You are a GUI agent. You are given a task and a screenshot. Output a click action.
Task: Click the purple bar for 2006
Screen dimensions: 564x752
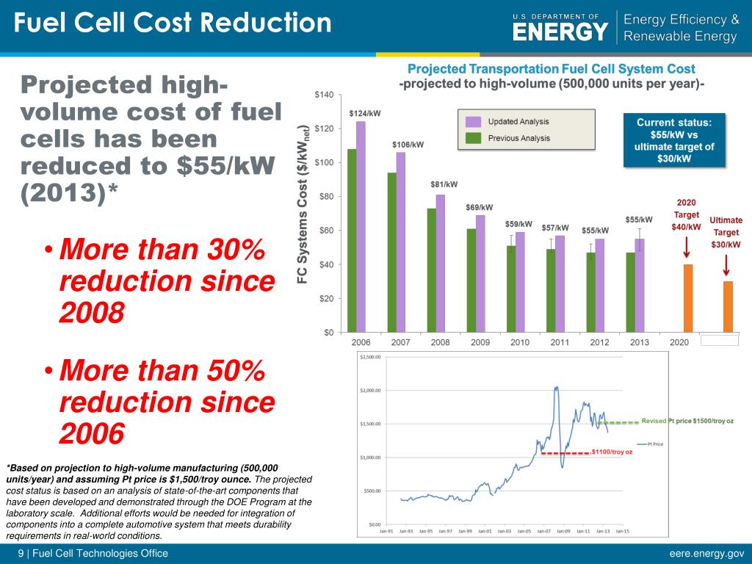tap(361, 228)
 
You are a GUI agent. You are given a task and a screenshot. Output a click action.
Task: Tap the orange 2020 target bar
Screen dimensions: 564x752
tap(688, 298)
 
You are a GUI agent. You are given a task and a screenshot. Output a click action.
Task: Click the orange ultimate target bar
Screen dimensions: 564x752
tap(728, 307)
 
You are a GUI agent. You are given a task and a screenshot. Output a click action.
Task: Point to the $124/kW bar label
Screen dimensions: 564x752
tap(360, 114)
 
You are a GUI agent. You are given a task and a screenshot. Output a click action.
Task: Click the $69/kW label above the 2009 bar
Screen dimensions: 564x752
tap(479, 208)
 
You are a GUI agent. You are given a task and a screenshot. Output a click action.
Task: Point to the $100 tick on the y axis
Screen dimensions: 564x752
tap(323, 162)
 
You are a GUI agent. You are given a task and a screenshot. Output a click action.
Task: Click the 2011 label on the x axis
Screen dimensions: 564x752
tap(560, 343)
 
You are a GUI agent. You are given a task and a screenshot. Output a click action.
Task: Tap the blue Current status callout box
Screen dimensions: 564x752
tap(673, 140)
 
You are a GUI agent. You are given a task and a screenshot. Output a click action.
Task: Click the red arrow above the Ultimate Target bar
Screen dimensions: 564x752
tap(727, 264)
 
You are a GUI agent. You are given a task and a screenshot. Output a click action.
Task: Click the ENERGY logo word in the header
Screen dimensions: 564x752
tap(560, 32)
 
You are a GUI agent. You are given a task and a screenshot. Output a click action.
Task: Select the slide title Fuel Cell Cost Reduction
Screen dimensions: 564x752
tap(173, 24)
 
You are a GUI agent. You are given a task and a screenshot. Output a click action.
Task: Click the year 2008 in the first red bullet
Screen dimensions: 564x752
tap(91, 314)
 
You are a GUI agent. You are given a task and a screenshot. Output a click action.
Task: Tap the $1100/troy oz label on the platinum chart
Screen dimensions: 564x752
tap(611, 452)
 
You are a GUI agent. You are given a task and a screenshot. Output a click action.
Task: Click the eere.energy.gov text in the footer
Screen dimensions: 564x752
tap(706, 554)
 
